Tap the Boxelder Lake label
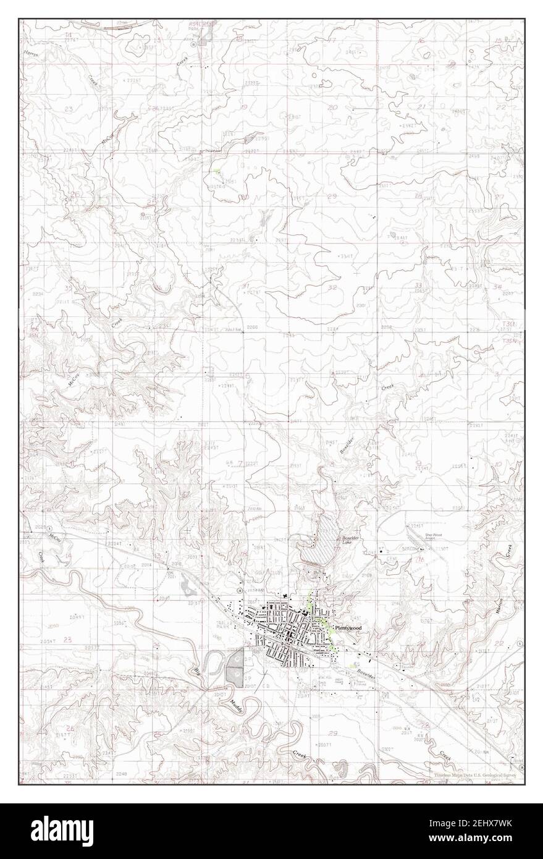(x=350, y=541)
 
